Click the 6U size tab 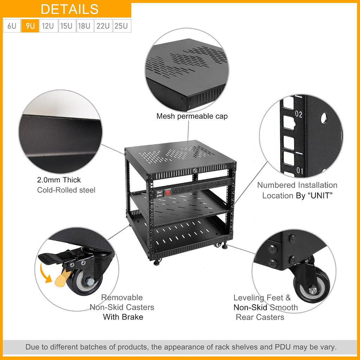pos(12,26)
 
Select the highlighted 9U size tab pos(30,26)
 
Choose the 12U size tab pos(48,26)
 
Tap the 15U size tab pos(67,26)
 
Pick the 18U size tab pos(85,26)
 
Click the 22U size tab pos(103,26)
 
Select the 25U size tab pos(122,26)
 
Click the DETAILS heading pos(70,9)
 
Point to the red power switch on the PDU pos(168,192)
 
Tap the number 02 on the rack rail pos(298,114)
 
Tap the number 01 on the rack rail pos(300,171)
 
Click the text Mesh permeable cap pos(192,116)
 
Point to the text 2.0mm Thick pos(59,180)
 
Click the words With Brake pos(123,317)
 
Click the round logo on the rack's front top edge pos(195,171)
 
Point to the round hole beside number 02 pos(324,118)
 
